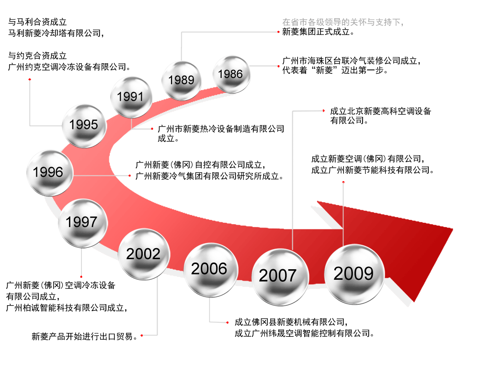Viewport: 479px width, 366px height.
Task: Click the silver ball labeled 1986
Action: tap(231, 75)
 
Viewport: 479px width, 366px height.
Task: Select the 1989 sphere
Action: tap(182, 80)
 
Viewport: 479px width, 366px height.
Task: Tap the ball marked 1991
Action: tap(131, 97)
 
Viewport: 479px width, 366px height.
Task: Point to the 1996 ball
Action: tap(50, 173)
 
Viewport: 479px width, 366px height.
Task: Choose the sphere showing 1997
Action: tap(82, 223)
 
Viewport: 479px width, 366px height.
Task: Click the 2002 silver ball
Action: tap(144, 254)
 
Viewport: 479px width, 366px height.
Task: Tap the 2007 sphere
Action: tap(280, 277)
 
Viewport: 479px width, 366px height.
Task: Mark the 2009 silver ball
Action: tap(354, 274)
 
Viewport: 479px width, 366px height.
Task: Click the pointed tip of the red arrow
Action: tap(453, 229)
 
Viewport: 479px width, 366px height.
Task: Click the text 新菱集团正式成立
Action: tap(316, 32)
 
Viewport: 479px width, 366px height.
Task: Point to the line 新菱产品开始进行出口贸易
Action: tap(82, 336)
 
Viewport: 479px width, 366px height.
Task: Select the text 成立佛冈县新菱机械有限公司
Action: tap(290, 322)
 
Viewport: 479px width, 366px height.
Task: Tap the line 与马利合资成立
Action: tap(37, 22)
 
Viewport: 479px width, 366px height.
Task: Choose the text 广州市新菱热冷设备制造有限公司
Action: tap(221, 129)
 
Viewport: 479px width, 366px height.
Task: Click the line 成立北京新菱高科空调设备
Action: tap(381, 111)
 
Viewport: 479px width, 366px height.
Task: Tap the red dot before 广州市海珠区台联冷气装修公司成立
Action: tap(278, 66)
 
